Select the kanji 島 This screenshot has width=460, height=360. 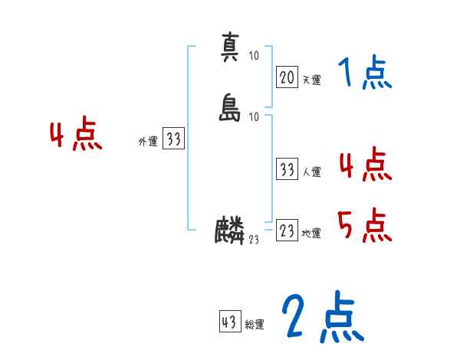coord(229,107)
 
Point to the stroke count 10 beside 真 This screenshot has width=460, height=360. coord(254,56)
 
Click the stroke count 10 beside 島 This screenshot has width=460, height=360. coord(255,116)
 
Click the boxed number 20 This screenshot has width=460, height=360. coord(287,77)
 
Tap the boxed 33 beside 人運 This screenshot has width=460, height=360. coord(287,169)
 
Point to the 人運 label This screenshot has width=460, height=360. coord(311,172)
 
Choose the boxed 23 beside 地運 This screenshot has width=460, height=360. coord(287,231)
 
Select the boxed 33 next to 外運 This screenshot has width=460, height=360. coord(174,139)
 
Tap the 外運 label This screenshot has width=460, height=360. coord(148,142)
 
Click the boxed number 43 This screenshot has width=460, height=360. coord(229,322)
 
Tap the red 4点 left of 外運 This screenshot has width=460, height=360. coord(76,136)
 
